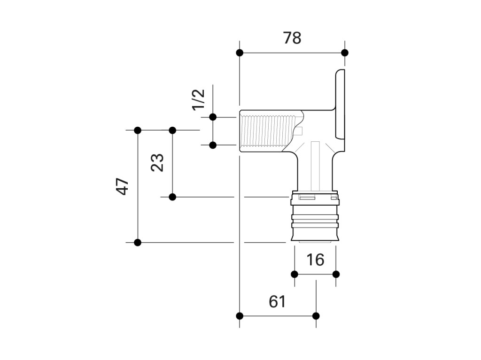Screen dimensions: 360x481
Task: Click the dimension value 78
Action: click(x=292, y=38)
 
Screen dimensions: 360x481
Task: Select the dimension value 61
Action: click(x=277, y=301)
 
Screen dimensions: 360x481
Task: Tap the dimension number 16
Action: click(x=315, y=260)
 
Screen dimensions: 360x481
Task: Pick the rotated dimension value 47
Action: click(x=122, y=186)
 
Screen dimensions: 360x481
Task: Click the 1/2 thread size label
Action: click(x=199, y=100)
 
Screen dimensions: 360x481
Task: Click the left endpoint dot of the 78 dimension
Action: click(x=240, y=53)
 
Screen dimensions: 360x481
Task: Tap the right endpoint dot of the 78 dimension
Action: click(x=345, y=53)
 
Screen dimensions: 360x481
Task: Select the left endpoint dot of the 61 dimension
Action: click(x=240, y=315)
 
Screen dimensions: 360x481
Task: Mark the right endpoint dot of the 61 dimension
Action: click(x=316, y=315)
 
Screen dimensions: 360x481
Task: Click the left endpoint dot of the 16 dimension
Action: click(x=295, y=274)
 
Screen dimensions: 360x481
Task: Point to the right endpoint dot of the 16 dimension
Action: click(x=336, y=274)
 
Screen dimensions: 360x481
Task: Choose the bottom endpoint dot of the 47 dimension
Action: click(x=138, y=243)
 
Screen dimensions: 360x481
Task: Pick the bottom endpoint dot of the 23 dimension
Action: click(x=172, y=197)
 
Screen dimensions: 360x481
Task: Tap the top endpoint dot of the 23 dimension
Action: click(x=172, y=130)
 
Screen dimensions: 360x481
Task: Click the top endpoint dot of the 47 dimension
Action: click(x=138, y=130)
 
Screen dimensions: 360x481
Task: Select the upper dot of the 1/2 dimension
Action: click(x=213, y=117)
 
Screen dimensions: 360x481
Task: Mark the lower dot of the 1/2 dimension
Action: click(x=213, y=145)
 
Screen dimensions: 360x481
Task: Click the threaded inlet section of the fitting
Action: click(x=268, y=131)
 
